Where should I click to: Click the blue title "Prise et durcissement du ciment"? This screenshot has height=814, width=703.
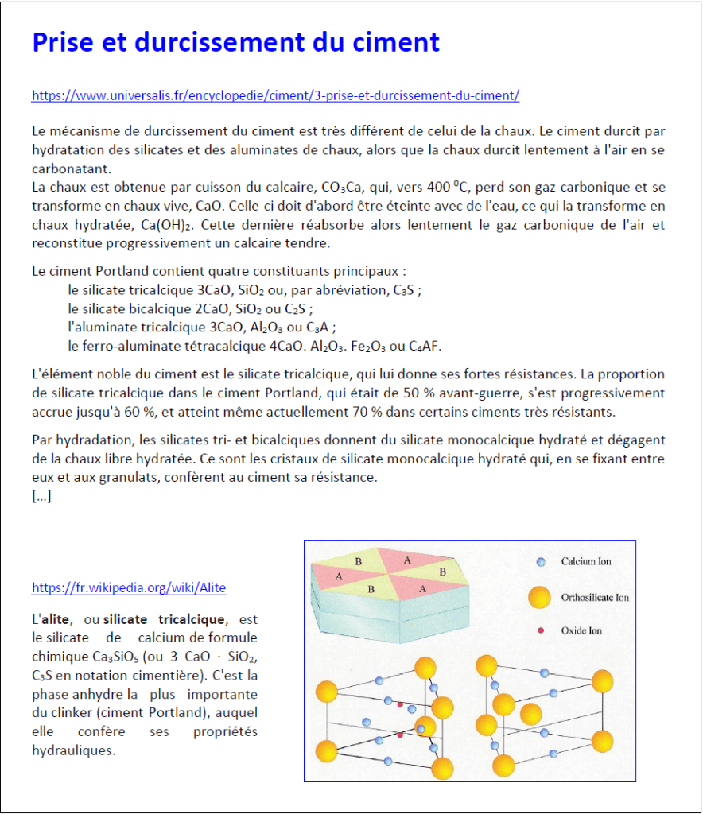point(235,42)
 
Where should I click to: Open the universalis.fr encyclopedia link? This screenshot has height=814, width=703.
point(275,96)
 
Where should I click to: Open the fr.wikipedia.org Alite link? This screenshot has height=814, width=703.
point(129,588)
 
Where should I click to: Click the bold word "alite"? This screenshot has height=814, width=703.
point(55,619)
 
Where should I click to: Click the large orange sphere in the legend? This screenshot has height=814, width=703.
point(540,598)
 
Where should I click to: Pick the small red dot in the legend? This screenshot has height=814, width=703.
point(541,630)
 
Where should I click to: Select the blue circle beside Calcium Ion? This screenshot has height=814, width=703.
point(541,561)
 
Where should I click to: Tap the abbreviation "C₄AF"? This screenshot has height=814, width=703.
point(425,347)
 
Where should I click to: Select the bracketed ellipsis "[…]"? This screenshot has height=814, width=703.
point(41,497)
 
